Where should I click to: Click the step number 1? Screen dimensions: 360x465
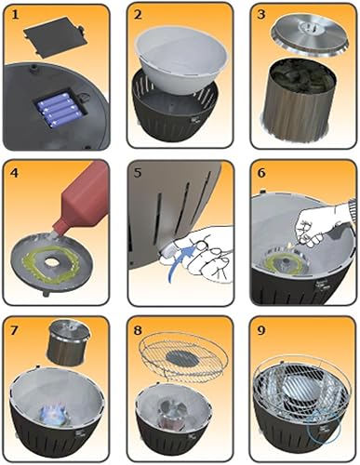[15, 15]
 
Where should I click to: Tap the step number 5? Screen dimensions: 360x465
[138, 173]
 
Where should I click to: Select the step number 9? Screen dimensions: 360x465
[261, 330]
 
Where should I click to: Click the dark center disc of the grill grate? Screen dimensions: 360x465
[183, 358]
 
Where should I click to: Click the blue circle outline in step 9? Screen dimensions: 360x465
[323, 429]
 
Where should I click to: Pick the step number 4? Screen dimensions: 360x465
[15, 173]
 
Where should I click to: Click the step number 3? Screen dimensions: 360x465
[261, 15]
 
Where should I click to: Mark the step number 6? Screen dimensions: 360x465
[261, 173]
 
